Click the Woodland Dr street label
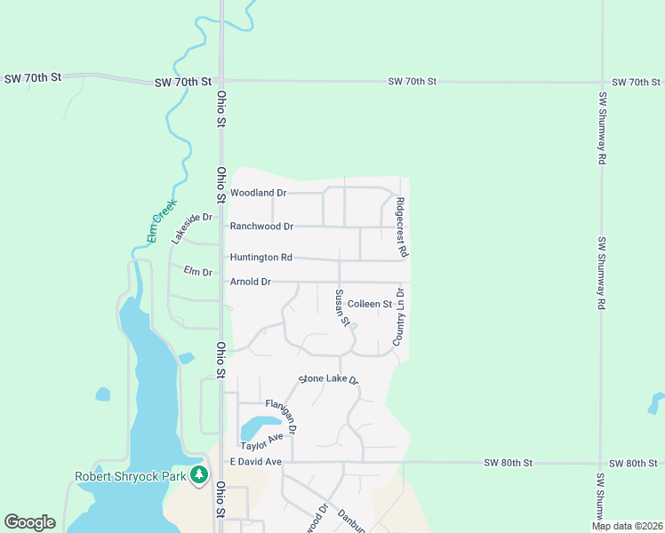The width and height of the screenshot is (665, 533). tap(258, 193)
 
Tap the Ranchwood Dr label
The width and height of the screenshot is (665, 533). tap(261, 227)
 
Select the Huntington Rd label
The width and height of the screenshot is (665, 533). tap(260, 258)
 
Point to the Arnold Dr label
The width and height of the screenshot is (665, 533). tap(250, 282)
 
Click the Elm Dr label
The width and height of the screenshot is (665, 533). tap(197, 271)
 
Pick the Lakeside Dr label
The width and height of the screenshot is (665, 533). tap(193, 227)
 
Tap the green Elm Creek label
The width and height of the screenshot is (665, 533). tap(162, 221)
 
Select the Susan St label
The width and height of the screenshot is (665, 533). tap(341, 306)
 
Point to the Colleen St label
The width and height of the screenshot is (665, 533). tap(370, 304)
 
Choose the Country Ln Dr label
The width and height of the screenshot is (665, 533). tap(399, 316)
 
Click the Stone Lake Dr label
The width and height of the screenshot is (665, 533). tap(327, 379)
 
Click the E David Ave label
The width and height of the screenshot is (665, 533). tap(255, 462)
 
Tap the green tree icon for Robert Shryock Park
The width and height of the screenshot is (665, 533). tap(199, 476)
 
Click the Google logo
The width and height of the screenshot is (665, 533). tap(29, 522)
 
